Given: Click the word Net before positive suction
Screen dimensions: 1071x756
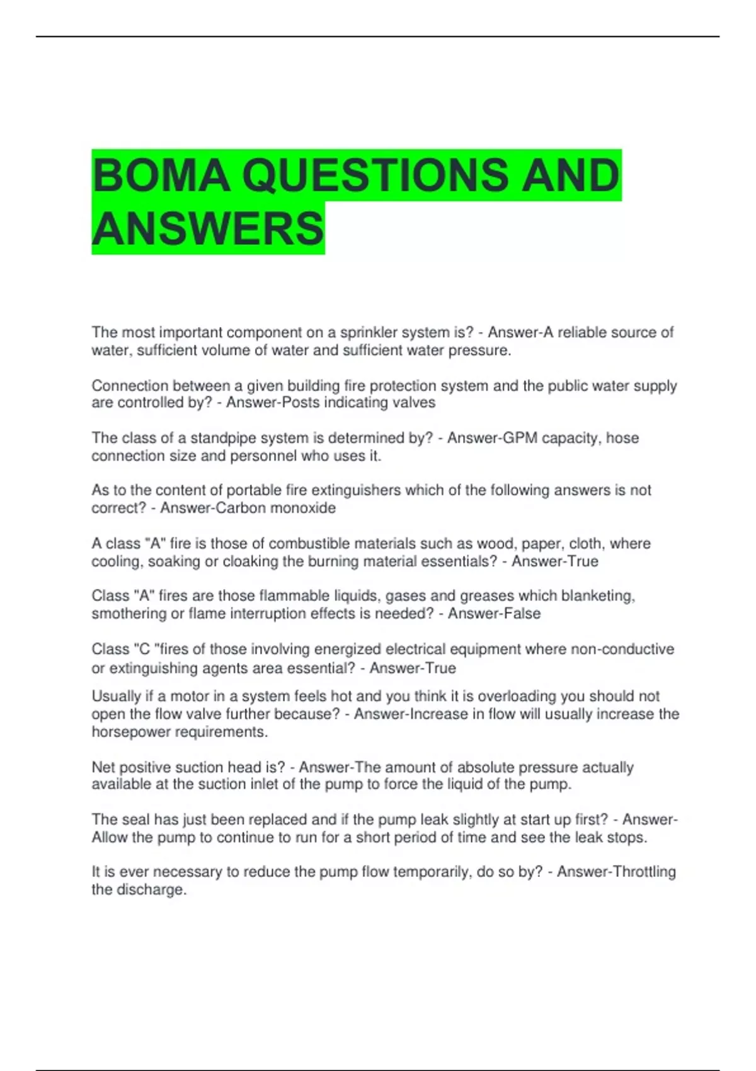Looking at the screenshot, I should point(103,767).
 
